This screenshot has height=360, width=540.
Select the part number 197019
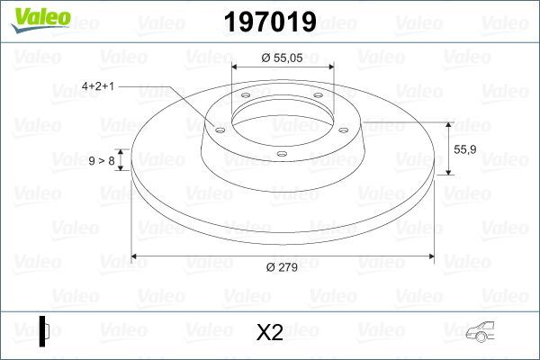pos(270,22)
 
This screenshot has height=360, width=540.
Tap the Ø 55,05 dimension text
pos(283,58)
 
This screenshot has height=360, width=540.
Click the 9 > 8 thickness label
pos(101,160)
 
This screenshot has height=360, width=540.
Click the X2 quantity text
pos(270,332)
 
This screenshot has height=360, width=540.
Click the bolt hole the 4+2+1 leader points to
pos(219,129)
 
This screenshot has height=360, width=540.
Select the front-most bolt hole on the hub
pos(282,154)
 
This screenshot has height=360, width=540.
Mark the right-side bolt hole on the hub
pos(345,129)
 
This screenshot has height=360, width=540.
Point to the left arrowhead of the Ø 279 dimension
pos(136,256)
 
